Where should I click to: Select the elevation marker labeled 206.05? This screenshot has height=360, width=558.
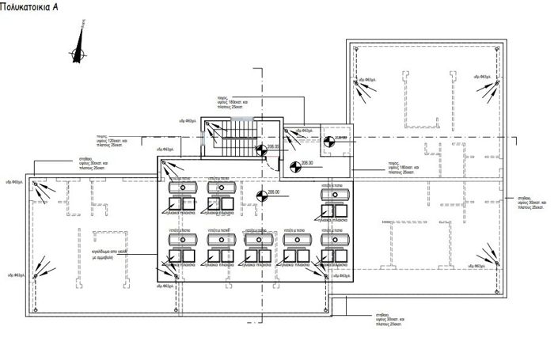(x=261, y=150)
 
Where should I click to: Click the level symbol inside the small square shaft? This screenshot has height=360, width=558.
(x=329, y=142)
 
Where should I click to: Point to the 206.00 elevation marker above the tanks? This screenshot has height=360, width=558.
(x=262, y=191)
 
